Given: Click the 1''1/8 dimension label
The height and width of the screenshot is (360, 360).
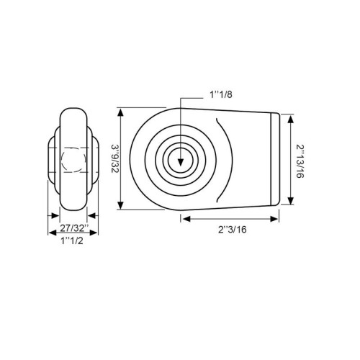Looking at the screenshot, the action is click(x=221, y=95).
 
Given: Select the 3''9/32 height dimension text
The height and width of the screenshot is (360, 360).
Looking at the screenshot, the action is click(x=114, y=158).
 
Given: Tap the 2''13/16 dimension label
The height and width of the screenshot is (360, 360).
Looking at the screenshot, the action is click(x=300, y=161).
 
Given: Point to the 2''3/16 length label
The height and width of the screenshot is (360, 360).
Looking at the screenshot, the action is click(x=233, y=230).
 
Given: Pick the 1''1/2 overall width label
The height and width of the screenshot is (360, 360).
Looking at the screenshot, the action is click(x=72, y=240).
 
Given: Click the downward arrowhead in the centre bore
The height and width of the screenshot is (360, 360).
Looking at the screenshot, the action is click(x=181, y=162).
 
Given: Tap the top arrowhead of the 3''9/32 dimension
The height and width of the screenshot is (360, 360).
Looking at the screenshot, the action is click(x=121, y=112).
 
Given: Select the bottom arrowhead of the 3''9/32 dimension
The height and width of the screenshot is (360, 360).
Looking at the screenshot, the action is click(x=121, y=205).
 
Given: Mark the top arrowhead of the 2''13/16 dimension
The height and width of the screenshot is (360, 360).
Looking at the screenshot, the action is click(x=291, y=120).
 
